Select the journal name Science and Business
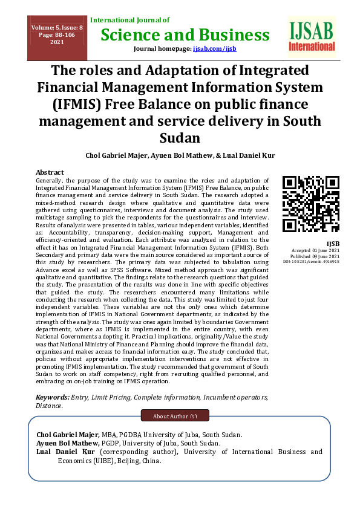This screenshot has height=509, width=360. [185, 34]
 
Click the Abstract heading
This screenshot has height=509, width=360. [50, 172]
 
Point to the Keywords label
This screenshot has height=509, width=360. [52, 397]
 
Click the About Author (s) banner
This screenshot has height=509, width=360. [174, 416]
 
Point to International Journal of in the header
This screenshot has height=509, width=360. [129, 20]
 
